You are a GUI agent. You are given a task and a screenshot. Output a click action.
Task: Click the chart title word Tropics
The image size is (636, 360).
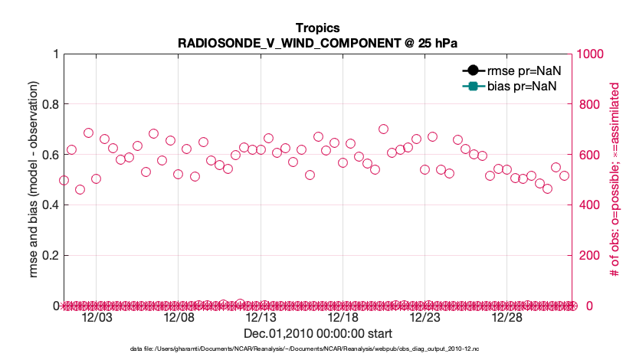(317, 28)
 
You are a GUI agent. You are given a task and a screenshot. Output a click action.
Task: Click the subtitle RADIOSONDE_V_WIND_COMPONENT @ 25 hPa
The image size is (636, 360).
(317, 41)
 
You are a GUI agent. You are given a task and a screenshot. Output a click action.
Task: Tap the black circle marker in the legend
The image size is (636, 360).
(473, 70)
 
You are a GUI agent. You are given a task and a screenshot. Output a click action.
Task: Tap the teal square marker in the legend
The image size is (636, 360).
(473, 86)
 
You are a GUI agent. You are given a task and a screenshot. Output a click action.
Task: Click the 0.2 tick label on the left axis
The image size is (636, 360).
(50, 255)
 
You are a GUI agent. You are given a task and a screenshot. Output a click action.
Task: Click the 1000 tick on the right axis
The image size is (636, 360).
(592, 54)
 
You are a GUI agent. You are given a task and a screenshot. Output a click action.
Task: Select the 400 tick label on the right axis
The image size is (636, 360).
(588, 205)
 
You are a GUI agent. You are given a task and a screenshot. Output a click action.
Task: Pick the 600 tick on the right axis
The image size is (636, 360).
(588, 155)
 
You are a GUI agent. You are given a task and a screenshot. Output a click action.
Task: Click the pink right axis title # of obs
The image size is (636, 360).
(615, 179)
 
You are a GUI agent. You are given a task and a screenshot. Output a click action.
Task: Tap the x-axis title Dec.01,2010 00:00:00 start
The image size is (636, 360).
(317, 334)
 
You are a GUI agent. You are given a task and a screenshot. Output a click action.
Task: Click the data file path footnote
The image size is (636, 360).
(305, 349)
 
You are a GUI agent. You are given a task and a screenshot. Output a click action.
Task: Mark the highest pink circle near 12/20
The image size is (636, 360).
(383, 129)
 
